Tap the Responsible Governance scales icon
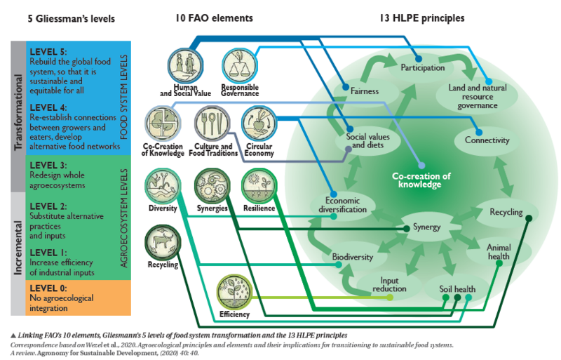[x=240, y=64]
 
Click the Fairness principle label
[x=364, y=91]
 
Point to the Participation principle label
[x=423, y=68]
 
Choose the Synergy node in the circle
[x=426, y=227]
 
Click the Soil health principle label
[x=457, y=289]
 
